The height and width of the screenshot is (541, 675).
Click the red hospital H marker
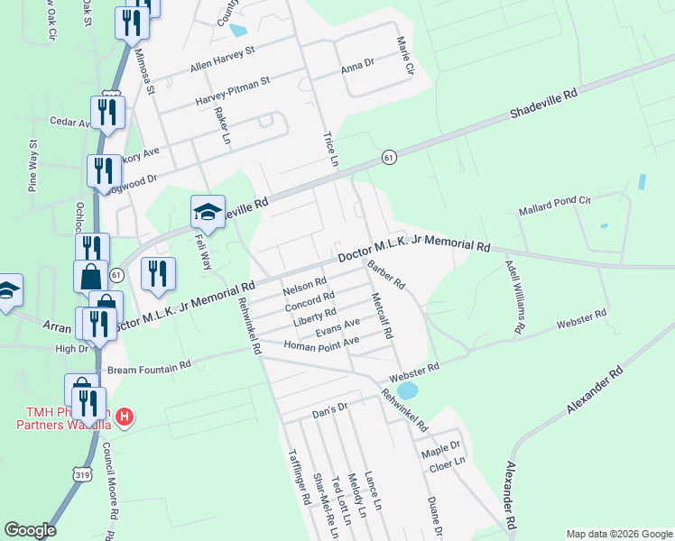pos(125,417)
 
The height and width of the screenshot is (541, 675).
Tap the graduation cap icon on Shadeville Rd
pos(208,212)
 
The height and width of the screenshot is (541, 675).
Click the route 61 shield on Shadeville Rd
pos(389,157)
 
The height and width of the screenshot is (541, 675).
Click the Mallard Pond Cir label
pos(554,205)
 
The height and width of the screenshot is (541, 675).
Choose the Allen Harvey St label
pos(223,60)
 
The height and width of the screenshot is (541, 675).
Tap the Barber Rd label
pos(386,275)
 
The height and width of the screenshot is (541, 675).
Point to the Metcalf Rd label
pos(381,316)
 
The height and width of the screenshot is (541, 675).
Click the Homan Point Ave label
pos(321,343)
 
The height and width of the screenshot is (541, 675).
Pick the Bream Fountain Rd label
pos(150,367)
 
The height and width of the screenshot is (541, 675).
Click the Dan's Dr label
pos(329,408)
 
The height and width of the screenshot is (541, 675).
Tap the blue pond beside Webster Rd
pos(407,390)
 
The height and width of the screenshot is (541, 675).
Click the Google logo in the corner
pos(31,530)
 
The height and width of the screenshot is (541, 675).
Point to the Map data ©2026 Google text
pos(618,534)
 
